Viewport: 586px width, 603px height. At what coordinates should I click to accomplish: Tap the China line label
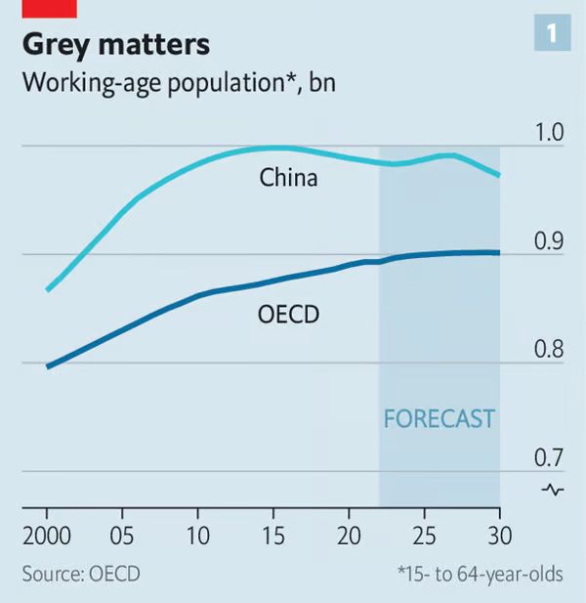point(288,179)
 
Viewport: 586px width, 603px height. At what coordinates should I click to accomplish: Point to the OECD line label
point(289,315)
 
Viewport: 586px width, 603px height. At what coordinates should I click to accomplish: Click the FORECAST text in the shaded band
point(439,419)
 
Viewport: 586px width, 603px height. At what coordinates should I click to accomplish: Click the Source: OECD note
point(81,574)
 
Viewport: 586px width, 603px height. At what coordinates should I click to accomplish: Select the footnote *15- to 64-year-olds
point(480,574)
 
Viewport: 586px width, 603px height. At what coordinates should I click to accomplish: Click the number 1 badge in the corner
point(552,34)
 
